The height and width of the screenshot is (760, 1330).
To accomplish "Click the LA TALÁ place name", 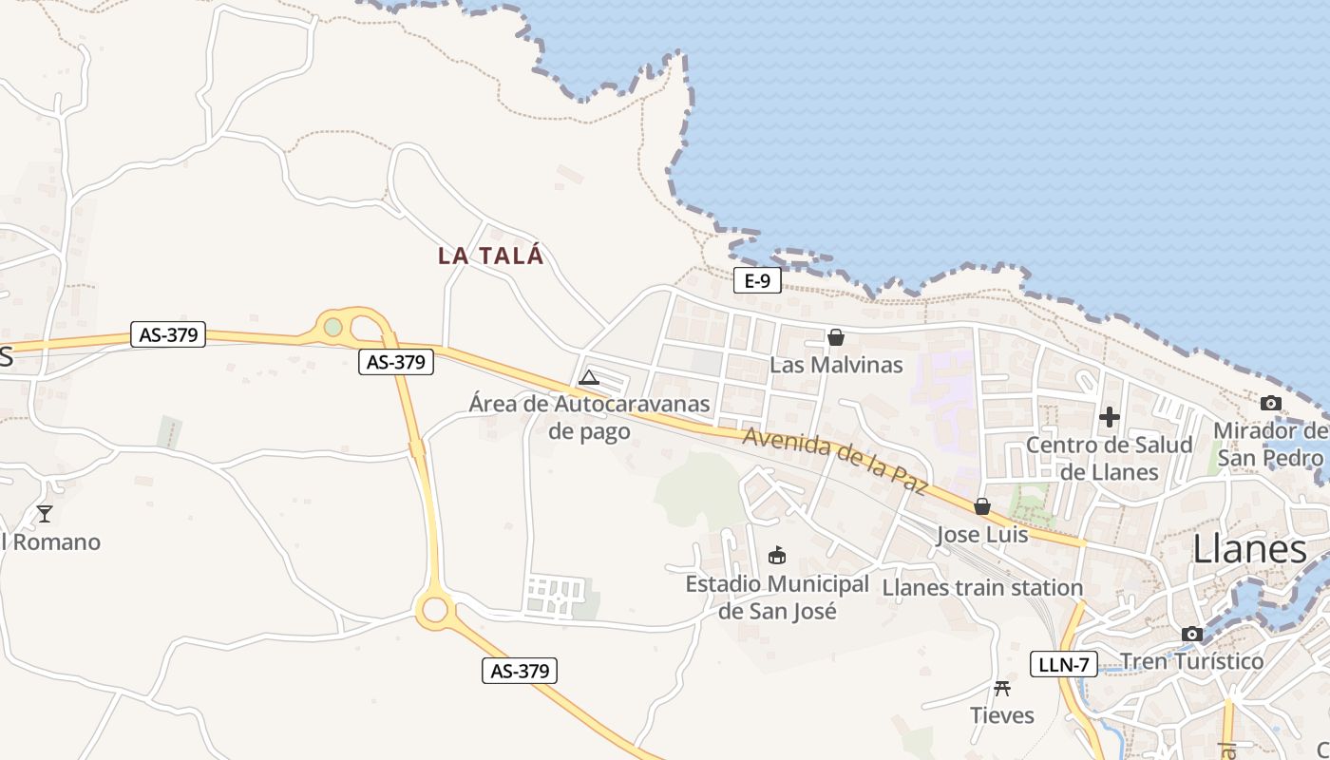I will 490,256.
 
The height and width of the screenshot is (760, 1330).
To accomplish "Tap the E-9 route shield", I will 757,280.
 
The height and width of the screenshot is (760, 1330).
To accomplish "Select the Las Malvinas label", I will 836,365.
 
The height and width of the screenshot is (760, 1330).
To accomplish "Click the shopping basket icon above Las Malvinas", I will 836,337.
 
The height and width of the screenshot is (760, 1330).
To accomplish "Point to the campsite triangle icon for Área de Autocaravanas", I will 589,377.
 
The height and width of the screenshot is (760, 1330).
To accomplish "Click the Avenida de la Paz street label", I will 834,461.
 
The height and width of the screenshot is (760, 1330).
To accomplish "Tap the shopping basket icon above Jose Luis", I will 982,506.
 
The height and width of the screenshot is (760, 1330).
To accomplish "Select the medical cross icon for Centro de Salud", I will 1110,416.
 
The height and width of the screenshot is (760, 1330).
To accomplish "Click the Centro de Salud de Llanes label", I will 1110,458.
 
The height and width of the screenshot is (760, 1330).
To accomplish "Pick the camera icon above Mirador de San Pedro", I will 1271,403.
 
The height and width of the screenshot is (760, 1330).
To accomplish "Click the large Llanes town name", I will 1249,549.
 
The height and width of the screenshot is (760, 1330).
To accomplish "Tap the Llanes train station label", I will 982,588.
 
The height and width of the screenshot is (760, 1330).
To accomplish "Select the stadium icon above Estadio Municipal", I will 777,555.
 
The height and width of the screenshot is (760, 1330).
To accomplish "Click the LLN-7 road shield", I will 1063,664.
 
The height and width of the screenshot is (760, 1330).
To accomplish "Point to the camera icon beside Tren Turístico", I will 1192,634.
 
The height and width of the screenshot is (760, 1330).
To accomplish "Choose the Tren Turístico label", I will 1192,661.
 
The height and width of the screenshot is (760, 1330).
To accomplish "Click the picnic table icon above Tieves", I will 1001,688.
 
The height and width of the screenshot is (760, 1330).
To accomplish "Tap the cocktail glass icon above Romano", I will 44,514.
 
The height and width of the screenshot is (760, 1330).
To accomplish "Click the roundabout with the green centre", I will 332,327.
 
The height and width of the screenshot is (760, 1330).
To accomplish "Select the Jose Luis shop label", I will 982,535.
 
